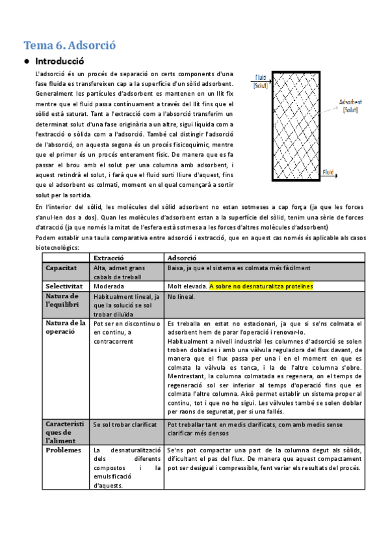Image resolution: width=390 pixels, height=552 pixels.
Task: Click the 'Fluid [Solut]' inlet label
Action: (x=261, y=81)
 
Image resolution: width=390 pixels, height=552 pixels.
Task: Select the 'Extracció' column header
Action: (x=109, y=258)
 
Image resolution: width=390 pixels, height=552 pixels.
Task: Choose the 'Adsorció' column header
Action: (x=184, y=258)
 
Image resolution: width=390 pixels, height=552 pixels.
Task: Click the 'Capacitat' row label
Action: (x=61, y=268)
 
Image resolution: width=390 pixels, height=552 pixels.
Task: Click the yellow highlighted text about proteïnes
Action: (x=261, y=286)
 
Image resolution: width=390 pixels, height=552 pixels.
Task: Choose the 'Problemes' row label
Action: (x=64, y=450)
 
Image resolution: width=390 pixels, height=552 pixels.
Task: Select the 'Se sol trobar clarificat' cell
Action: (x=125, y=424)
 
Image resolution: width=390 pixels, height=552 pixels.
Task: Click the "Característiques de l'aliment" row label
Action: (x=65, y=432)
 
